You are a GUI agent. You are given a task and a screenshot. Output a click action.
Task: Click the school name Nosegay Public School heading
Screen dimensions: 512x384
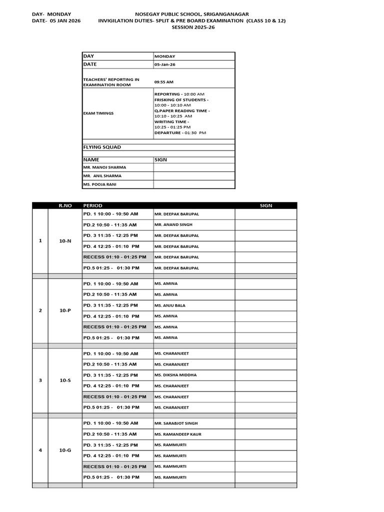[x=192, y=14]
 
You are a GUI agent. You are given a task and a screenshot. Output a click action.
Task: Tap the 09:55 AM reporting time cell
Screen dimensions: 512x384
[x=164, y=82]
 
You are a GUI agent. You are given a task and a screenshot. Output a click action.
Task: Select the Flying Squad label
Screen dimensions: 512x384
[x=101, y=147]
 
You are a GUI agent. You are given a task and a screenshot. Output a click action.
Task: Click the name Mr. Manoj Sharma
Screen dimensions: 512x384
[x=104, y=167]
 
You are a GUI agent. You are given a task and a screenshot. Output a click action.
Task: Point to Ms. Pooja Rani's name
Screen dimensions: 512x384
[x=100, y=184]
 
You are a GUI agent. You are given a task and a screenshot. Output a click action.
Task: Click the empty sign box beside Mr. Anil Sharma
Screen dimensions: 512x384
[x=194, y=176]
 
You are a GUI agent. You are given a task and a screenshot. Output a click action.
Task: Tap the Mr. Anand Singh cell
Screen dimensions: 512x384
[x=173, y=224]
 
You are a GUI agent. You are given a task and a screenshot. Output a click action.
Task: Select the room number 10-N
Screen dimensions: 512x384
[x=65, y=241]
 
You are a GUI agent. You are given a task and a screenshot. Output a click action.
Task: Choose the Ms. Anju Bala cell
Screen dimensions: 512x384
[x=170, y=305]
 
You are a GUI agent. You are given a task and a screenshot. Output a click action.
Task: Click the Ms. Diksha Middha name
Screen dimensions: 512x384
[x=175, y=375]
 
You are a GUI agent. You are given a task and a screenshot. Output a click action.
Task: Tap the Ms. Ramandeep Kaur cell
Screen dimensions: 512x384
[x=178, y=434]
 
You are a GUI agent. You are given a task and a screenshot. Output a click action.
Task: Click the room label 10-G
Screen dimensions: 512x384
[x=65, y=450]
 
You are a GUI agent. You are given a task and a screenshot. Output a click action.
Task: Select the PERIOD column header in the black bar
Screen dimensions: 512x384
[x=92, y=205]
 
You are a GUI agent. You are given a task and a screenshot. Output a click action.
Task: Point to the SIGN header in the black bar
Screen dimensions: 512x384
[x=266, y=205]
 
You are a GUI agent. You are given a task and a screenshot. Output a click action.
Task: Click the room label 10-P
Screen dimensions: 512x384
[x=65, y=310]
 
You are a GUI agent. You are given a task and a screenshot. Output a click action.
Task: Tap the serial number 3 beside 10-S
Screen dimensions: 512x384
[x=40, y=380]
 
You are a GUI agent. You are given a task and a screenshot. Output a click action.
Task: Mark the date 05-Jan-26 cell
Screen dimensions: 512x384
[x=164, y=64]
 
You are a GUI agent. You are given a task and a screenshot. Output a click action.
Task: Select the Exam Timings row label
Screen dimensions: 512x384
[x=98, y=113]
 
